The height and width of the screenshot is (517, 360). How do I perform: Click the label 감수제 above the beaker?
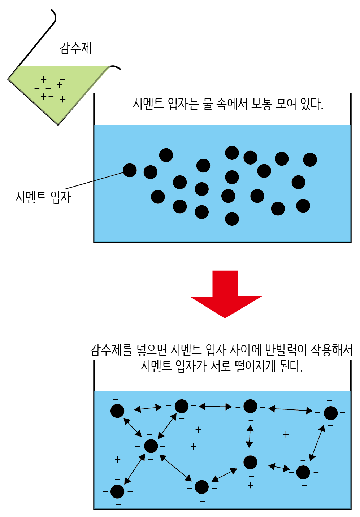pos(76,48)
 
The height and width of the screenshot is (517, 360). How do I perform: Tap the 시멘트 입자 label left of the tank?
pos(43,197)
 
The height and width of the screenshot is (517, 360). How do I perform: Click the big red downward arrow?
pos(226,292)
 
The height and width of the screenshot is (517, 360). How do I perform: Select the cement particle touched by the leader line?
pos(130,170)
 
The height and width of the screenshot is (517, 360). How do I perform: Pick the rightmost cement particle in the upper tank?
pos(310,159)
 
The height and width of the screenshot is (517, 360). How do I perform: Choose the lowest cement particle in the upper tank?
pos(232,219)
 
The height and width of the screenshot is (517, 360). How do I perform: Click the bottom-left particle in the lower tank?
pos(117,491)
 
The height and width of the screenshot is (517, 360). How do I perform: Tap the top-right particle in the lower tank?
pos(330,413)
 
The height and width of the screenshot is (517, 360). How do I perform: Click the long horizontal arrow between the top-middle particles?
pos(215,407)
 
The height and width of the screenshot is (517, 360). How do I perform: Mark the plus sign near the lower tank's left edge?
pos(117,459)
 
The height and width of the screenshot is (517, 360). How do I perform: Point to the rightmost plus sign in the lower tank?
pos(286,434)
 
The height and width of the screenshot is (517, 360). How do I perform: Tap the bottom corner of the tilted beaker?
pos(58,124)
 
